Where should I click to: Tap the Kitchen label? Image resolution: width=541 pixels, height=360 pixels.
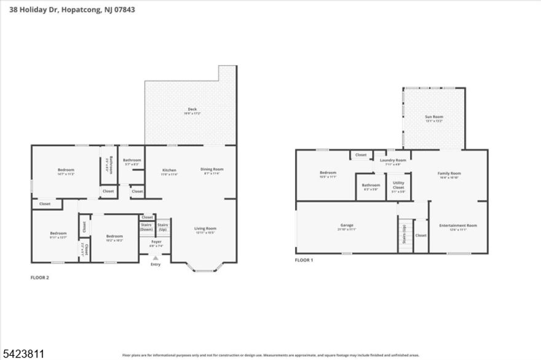click(x=170, y=170)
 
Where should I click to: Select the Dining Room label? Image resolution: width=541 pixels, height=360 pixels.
click(x=211, y=169)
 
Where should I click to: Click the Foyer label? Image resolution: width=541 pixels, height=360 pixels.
click(x=157, y=242)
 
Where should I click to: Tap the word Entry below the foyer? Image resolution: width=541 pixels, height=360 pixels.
click(x=156, y=264)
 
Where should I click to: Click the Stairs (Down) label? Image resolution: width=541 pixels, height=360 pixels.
click(x=146, y=227)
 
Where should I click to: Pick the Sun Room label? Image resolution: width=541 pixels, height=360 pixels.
click(x=434, y=117)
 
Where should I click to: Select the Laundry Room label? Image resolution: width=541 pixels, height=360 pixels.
click(x=392, y=160)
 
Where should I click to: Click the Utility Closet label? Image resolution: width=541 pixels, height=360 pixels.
click(x=398, y=185)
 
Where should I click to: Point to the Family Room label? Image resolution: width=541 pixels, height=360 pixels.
click(x=449, y=173)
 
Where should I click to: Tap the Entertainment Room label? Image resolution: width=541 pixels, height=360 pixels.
click(x=458, y=225)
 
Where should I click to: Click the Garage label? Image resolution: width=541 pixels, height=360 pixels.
click(x=347, y=225)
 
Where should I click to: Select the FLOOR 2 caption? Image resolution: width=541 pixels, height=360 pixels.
click(x=39, y=278)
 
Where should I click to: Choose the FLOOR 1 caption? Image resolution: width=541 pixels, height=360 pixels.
click(x=304, y=260)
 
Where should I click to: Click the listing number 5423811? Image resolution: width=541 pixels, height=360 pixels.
click(x=23, y=354)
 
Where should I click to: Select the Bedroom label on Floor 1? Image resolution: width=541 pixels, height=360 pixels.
click(x=328, y=173)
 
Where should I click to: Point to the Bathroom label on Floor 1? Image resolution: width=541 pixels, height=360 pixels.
click(x=371, y=185)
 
